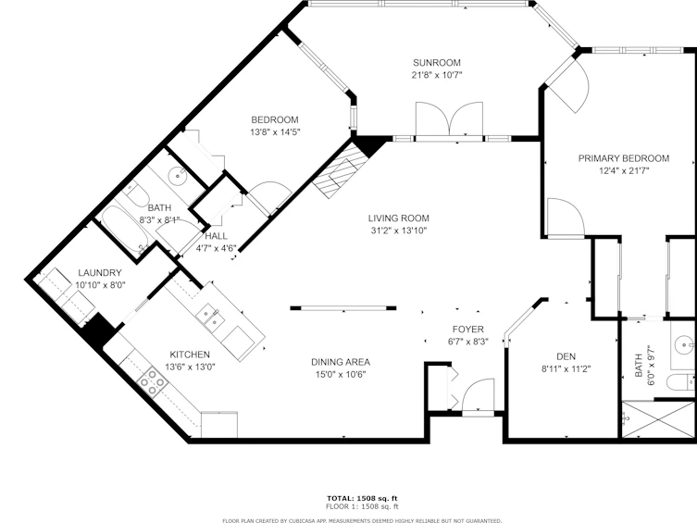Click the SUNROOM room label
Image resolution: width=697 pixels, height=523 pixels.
pyautogui.click(x=437, y=63)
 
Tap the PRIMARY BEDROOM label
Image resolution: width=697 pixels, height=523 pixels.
pyautogui.click(x=624, y=158)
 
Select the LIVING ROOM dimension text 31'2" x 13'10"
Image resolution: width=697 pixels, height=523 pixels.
pyautogui.click(x=399, y=230)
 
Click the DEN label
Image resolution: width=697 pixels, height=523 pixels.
pyautogui.click(x=566, y=356)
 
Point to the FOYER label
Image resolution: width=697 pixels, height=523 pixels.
pyautogui.click(x=468, y=330)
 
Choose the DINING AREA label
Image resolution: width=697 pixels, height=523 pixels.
pyautogui.click(x=341, y=362)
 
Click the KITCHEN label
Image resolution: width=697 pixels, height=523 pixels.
pyautogui.click(x=190, y=355)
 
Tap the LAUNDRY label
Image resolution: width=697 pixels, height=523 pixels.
pyautogui.click(x=100, y=273)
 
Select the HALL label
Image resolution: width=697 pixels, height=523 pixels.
pyautogui.click(x=216, y=236)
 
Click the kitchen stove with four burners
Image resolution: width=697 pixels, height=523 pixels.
pyautogui.click(x=153, y=381)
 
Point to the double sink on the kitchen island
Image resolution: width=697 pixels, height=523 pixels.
pyautogui.click(x=210, y=318)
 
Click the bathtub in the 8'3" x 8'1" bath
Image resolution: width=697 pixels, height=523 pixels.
pyautogui.click(x=121, y=228)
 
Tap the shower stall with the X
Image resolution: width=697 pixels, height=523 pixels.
pyautogui.click(x=658, y=419)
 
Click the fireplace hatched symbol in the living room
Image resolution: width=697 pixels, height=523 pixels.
pyautogui.click(x=341, y=169)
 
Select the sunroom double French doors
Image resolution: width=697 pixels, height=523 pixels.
pyautogui.click(x=449, y=119)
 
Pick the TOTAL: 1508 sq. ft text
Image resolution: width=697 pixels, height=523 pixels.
pyautogui.click(x=362, y=498)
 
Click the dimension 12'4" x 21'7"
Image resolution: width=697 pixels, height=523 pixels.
pyautogui.click(x=624, y=170)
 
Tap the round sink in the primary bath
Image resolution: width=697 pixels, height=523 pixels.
pyautogui.click(x=683, y=344)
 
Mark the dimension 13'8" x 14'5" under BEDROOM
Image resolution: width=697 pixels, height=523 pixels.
pyautogui.click(x=275, y=132)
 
